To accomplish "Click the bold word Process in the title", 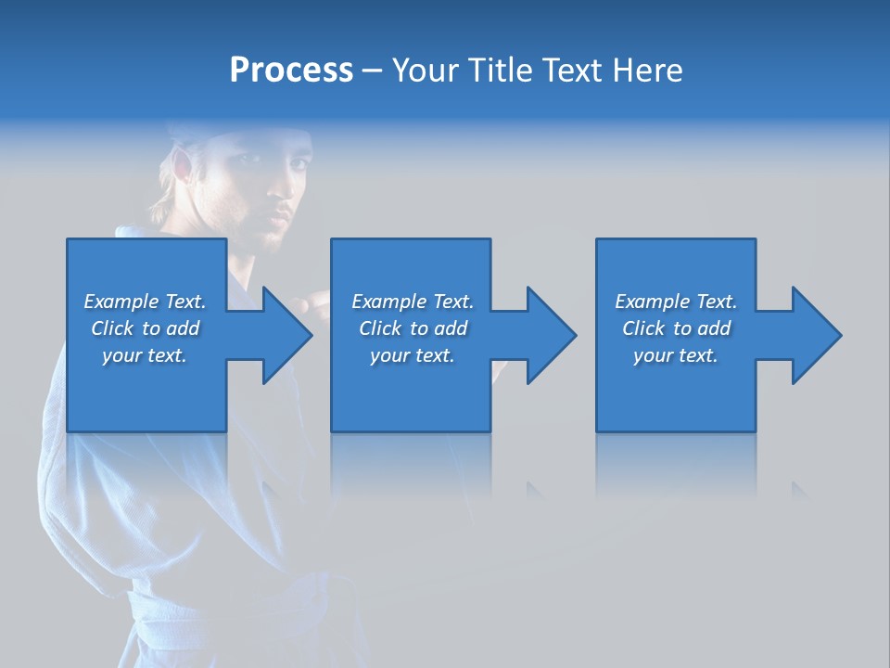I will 291,70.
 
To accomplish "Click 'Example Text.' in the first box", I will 145,302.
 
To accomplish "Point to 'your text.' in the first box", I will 145,355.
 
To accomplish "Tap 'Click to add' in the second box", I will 413,328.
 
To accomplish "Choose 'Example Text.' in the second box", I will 413,302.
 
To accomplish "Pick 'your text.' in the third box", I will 676,355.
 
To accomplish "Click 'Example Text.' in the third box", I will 676,302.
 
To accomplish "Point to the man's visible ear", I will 182,170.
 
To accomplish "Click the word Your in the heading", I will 425,70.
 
